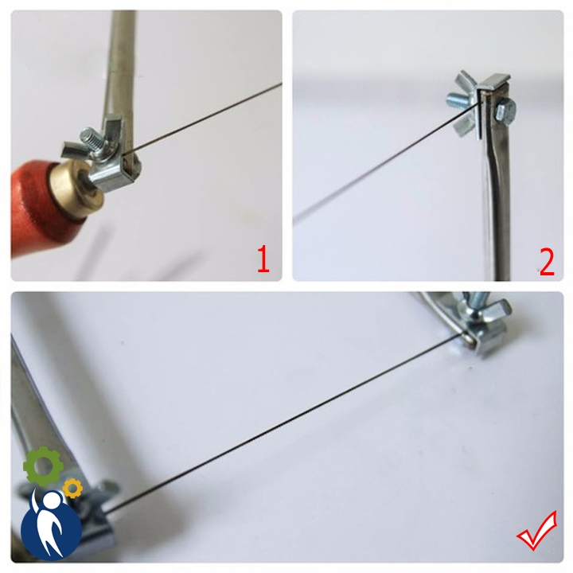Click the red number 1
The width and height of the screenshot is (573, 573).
coord(263,259)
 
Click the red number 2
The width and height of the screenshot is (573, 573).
coord(547,262)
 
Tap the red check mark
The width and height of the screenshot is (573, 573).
coord(537,531)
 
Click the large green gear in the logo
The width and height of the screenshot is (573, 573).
coord(43,466)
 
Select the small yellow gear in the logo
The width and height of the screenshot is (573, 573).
coord(72,488)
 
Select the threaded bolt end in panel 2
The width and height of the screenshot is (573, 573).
coord(457,99)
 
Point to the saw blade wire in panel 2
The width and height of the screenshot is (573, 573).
coord(385,162)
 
